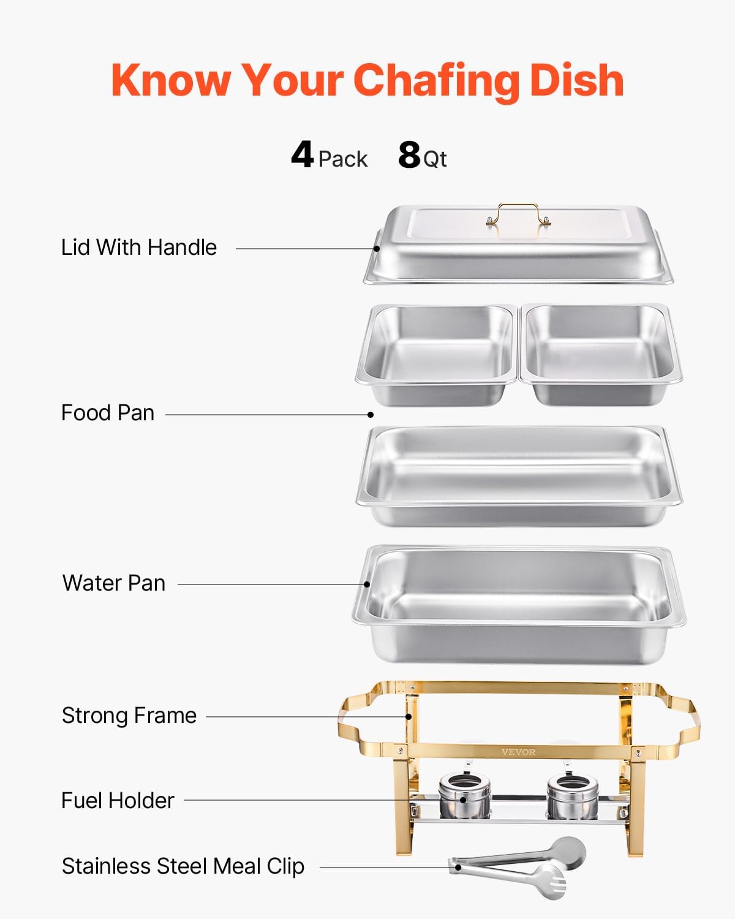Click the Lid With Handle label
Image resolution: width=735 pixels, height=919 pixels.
tap(139, 248)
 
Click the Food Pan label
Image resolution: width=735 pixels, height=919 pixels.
tap(108, 413)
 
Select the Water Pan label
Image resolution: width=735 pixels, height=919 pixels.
tap(114, 583)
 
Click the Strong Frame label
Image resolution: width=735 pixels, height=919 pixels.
tap(129, 716)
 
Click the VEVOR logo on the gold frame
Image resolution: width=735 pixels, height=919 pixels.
tap(518, 752)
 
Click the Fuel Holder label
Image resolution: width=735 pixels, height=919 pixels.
tap(118, 801)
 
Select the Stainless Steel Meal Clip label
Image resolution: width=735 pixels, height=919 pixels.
tap(183, 866)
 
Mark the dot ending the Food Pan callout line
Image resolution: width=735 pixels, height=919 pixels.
tap(371, 415)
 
